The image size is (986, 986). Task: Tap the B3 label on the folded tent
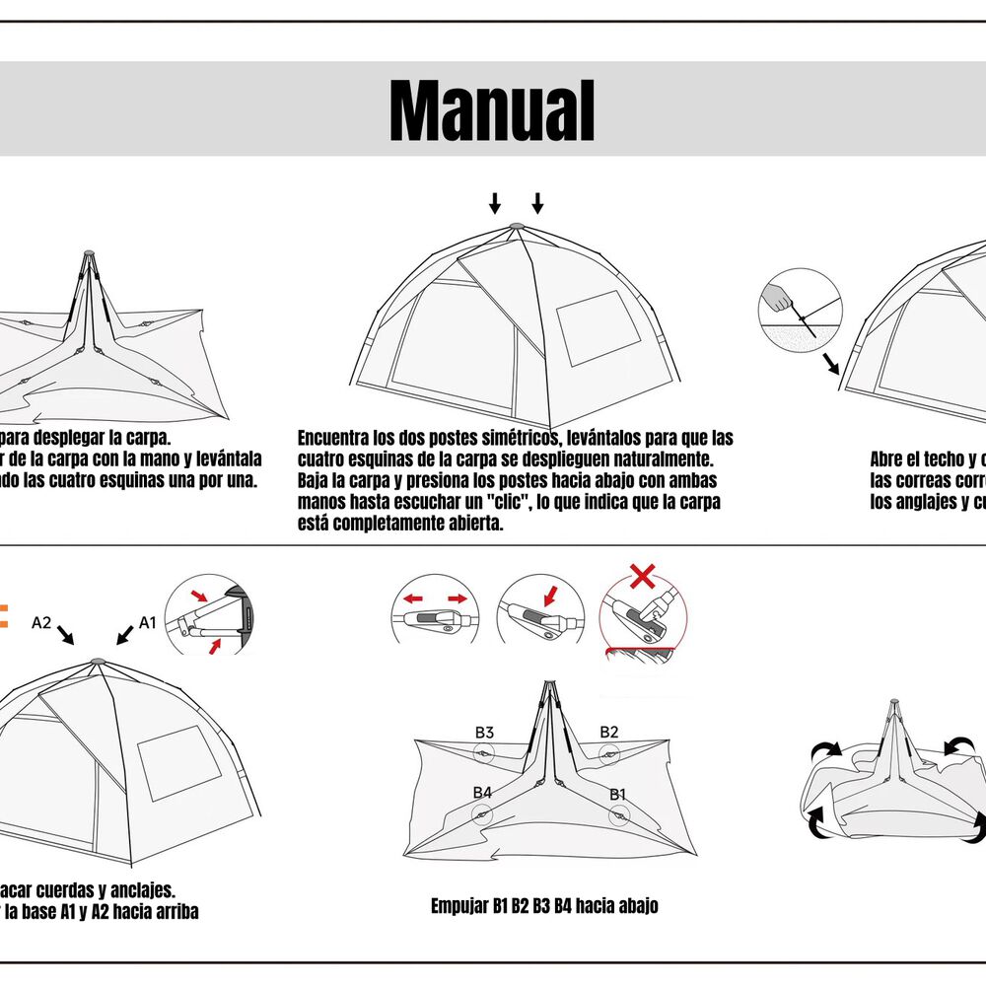(x=484, y=733)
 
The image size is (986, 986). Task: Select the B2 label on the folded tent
(x=609, y=732)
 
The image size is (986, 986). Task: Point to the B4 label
(x=482, y=793)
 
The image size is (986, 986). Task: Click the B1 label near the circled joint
(x=617, y=793)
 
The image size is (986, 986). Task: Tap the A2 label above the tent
(x=41, y=623)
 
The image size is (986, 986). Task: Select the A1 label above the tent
(x=148, y=623)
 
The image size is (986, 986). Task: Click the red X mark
(x=643, y=576)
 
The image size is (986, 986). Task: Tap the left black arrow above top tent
(x=495, y=204)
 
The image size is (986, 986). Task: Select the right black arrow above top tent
(x=537, y=204)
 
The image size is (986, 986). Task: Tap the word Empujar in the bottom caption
(x=459, y=906)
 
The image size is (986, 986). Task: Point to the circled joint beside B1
(x=618, y=813)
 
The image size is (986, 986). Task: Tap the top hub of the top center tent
(x=517, y=228)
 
